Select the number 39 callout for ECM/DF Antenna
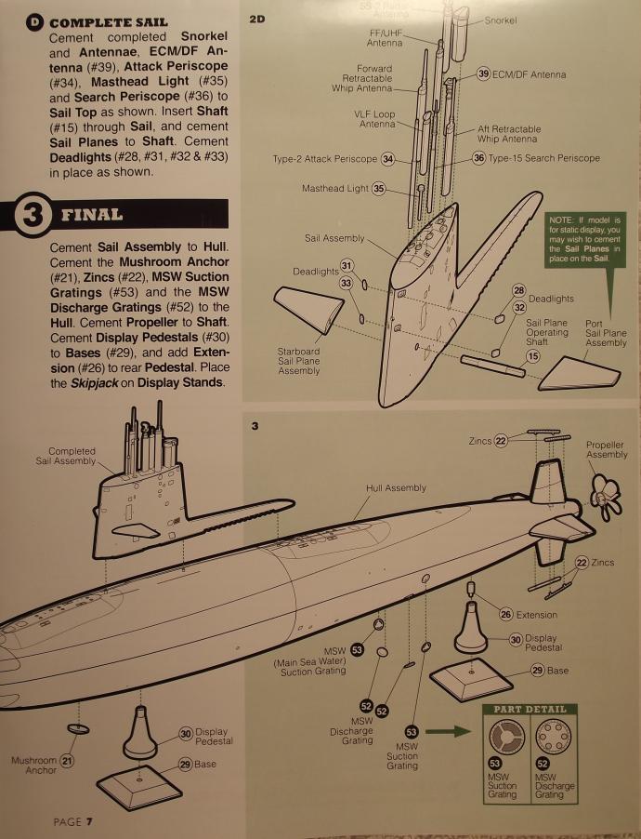pos(484,73)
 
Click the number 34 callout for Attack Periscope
pos(388,159)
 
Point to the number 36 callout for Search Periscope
pos(479,159)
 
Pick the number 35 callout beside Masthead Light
pos(378,189)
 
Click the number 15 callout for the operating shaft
pos(533,356)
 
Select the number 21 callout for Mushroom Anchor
pos(67,761)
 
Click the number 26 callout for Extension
pos(506,614)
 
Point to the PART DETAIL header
pos(529,710)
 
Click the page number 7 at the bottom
pos(89,821)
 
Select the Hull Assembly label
pos(396,488)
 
